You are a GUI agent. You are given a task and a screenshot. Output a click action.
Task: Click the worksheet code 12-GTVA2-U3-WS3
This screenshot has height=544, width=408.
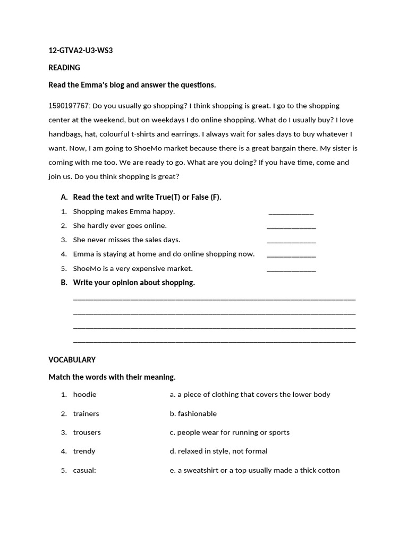81,51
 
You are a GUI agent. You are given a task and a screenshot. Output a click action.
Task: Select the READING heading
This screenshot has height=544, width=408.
64,67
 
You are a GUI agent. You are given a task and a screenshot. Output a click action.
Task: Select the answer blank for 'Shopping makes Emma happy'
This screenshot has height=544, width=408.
291,212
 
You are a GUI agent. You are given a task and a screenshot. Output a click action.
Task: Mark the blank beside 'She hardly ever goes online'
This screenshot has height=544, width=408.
291,227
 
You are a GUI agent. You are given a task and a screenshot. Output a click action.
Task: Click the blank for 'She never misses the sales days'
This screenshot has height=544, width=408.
291,241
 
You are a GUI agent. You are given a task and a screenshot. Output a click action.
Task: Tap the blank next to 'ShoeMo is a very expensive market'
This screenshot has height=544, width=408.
291,270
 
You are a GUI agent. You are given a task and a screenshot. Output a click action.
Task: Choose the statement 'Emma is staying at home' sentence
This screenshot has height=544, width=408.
164,254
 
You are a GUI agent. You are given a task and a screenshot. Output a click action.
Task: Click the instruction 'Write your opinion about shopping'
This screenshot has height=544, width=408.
134,283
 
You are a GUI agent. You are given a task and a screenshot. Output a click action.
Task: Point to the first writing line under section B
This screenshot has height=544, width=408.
214,299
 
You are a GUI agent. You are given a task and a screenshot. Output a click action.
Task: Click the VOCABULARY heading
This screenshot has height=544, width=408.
72,360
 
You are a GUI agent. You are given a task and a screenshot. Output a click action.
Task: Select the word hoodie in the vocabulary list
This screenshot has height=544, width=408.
84,395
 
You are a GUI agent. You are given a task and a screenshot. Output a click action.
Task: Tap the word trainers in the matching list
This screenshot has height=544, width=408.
86,414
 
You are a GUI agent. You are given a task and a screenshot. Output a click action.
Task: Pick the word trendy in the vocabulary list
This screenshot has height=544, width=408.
84,451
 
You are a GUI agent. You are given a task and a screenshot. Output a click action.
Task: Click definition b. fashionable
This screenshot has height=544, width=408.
193,414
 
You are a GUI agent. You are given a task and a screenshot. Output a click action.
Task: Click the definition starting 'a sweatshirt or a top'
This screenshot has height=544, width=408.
254,470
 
